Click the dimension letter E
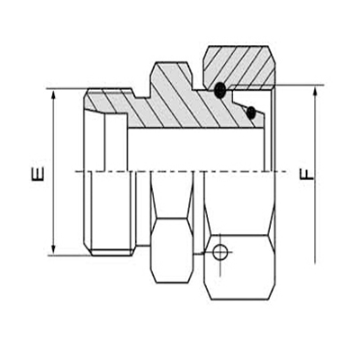[37, 172]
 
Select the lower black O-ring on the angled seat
[251, 112]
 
